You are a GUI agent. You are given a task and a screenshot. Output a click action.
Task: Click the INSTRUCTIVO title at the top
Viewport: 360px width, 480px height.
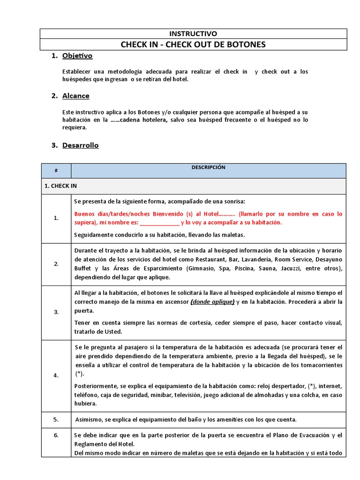[193, 34]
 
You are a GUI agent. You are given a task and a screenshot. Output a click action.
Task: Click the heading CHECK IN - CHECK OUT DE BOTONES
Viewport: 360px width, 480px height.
[193, 45]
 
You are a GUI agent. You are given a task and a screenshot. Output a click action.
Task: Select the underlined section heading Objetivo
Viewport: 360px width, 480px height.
[77, 56]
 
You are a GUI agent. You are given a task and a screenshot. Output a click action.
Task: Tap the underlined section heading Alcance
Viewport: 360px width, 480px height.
[75, 96]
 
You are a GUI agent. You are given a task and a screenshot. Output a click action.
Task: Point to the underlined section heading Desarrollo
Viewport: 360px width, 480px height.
[80, 145]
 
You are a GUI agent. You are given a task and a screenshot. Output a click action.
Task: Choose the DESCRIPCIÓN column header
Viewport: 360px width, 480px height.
[208, 167]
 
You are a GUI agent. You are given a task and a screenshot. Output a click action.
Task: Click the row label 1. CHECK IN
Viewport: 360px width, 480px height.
[60, 186]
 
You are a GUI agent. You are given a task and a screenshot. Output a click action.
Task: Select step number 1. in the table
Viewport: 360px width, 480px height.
[56, 218]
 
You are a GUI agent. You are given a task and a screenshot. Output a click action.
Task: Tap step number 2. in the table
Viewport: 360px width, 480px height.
[56, 264]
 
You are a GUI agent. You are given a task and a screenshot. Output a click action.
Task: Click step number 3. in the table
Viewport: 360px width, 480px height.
[56, 312]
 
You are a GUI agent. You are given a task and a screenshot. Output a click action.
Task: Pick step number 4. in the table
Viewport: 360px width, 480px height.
[56, 375]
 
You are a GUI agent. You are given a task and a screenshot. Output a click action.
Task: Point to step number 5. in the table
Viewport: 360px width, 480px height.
[56, 419]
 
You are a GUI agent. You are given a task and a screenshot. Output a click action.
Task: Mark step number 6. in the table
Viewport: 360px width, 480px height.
[56, 435]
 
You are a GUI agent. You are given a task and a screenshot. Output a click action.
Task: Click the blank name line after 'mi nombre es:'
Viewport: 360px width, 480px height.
[159, 223]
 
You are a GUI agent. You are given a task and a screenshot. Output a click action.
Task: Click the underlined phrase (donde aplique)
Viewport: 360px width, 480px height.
[212, 302]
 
